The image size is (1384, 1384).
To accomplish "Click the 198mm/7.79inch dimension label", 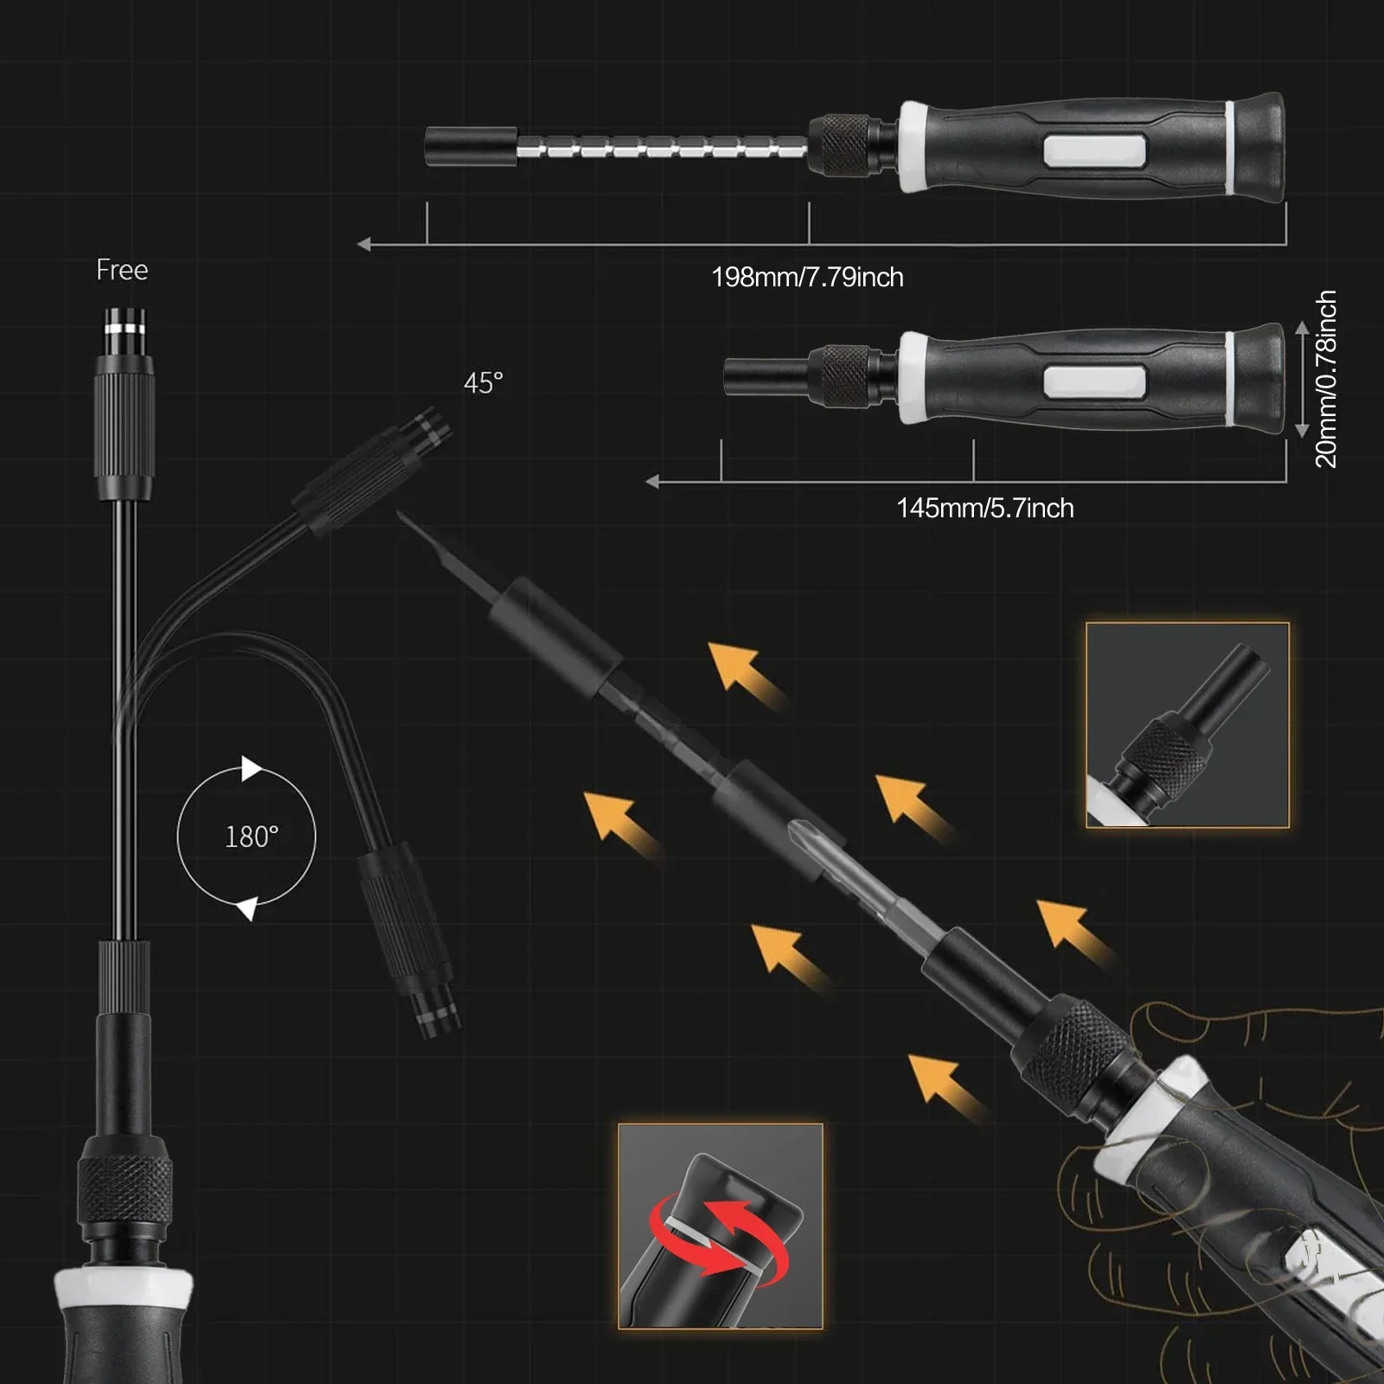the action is (807, 278).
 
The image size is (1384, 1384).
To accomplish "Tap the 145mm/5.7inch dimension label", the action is (985, 508).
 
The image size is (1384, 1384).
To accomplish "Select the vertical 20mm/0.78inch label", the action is (1325, 379).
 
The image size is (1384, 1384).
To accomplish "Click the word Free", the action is (122, 270).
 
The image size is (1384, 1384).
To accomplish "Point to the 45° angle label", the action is (483, 382).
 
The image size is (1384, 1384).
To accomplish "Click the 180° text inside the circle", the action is (252, 836).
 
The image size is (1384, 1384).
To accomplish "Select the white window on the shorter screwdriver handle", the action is (1094, 381).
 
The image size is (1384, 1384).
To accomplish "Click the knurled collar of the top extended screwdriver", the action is (845, 141).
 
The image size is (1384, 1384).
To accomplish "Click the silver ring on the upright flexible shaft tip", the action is (125, 329).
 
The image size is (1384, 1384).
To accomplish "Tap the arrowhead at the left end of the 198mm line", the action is (364, 245).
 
